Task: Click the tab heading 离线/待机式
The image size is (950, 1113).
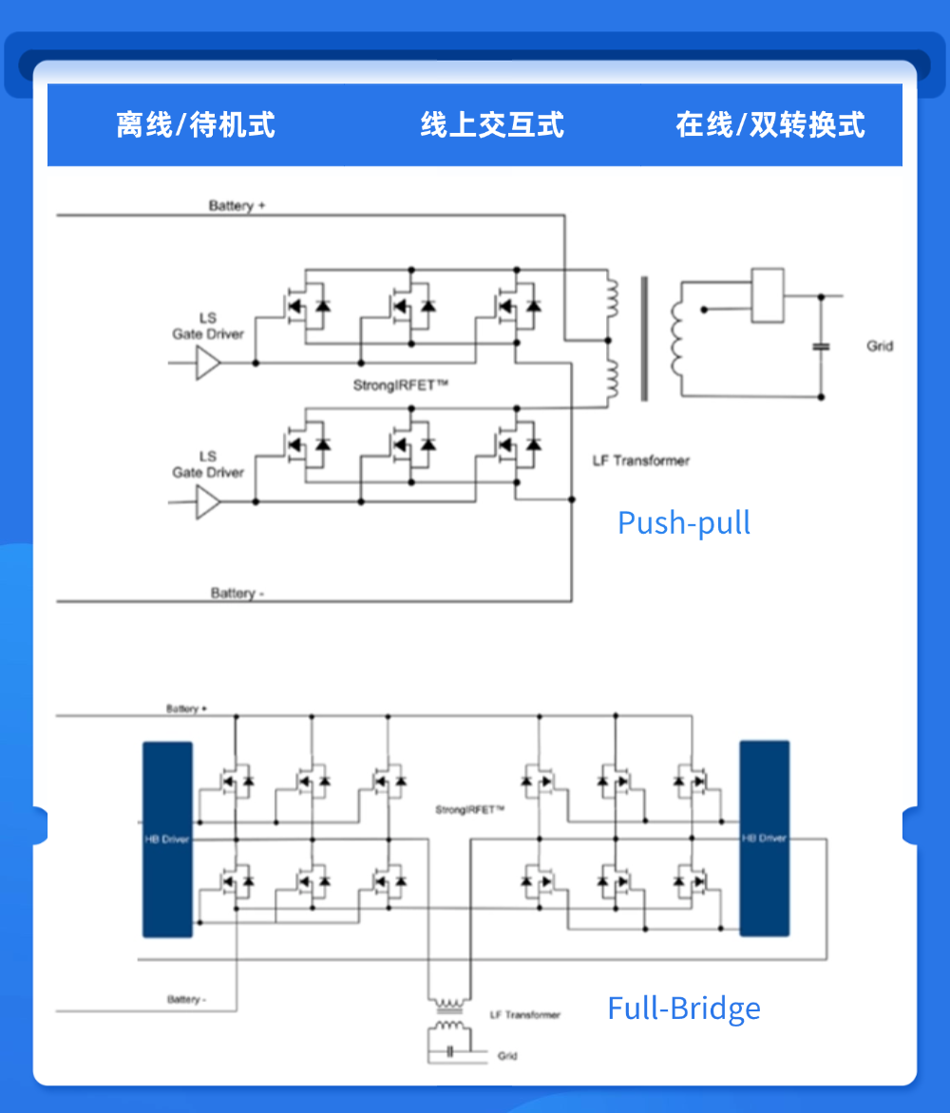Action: pos(196,124)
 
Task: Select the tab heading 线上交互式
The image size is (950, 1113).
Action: pos(492,124)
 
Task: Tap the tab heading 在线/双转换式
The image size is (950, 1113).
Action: pos(770,124)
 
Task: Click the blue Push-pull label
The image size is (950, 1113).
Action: pos(684,522)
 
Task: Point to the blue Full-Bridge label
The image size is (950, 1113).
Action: pos(684,1008)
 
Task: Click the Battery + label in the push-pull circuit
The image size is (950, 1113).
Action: pos(236,206)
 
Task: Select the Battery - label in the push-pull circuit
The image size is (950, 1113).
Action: pos(237,593)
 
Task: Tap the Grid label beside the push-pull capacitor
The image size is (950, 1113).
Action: pos(880,346)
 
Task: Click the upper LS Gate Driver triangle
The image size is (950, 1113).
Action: pos(208,363)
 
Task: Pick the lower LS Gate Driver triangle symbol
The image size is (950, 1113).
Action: pos(208,501)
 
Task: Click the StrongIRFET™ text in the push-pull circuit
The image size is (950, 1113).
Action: pos(400,386)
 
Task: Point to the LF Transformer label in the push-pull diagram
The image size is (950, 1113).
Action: pos(641,461)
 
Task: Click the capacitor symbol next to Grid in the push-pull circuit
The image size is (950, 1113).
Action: pos(822,347)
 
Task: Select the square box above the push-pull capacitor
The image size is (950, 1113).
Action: pos(767,294)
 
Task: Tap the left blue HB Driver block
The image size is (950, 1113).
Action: pos(167,839)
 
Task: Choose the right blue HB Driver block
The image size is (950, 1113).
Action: pos(764,839)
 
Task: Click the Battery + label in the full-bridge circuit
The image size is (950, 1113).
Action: pos(186,708)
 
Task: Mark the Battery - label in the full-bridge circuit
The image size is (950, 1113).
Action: pos(186,999)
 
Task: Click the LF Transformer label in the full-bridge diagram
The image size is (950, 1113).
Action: pos(525,1015)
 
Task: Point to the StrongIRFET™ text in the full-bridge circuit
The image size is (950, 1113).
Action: pos(469,810)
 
